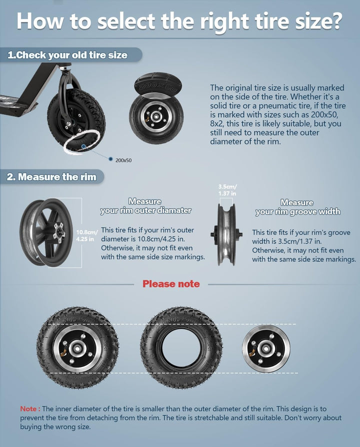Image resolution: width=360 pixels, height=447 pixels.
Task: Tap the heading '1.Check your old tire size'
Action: pyautogui.click(x=67, y=54)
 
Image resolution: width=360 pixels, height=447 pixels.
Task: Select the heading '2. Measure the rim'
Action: pyautogui.click(x=51, y=176)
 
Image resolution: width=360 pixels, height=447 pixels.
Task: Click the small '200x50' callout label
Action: pyautogui.click(x=123, y=160)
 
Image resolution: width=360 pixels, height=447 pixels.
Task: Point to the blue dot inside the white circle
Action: pyautogui.click(x=83, y=146)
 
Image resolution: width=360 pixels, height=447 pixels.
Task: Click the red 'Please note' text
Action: pyautogui.click(x=171, y=283)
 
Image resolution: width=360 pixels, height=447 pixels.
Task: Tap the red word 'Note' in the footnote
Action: pyautogui.click(x=28, y=408)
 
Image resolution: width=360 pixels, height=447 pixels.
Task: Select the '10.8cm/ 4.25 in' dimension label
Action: pyautogui.click(x=86, y=235)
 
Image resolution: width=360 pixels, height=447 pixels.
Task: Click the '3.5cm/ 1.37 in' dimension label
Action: pyautogui.click(x=227, y=190)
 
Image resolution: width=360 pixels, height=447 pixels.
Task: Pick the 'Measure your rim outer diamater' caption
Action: pyautogui.click(x=145, y=206)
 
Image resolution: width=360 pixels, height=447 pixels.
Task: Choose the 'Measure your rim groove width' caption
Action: pyautogui.click(x=297, y=207)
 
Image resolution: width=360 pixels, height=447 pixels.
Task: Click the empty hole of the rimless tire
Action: pyautogui.click(x=181, y=348)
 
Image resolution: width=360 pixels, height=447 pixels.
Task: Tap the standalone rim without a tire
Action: pyautogui.click(x=266, y=348)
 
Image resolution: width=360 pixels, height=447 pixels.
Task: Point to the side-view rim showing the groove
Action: pyautogui.click(x=227, y=234)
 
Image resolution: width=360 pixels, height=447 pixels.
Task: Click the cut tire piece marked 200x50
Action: pyautogui.click(x=156, y=84)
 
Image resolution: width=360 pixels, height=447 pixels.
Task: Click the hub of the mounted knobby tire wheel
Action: pyautogui.click(x=77, y=348)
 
